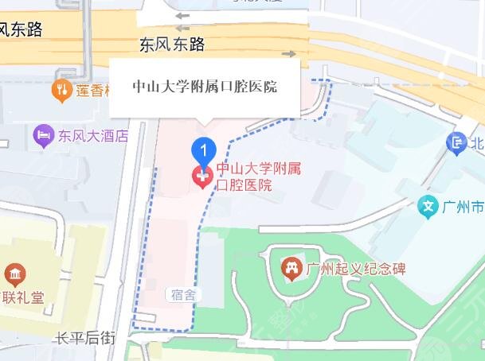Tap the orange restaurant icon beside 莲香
(61, 91)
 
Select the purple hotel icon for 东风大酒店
(43, 136)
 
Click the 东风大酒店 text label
(93, 136)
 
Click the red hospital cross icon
(203, 177)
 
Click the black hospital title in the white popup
(205, 87)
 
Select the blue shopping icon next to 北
(456, 143)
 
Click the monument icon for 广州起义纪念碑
(291, 268)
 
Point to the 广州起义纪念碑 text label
(356, 268)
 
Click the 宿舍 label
(182, 294)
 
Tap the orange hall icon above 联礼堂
(14, 275)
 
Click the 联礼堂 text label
(22, 301)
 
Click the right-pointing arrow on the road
(288, 54)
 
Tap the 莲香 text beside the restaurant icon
(92, 91)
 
